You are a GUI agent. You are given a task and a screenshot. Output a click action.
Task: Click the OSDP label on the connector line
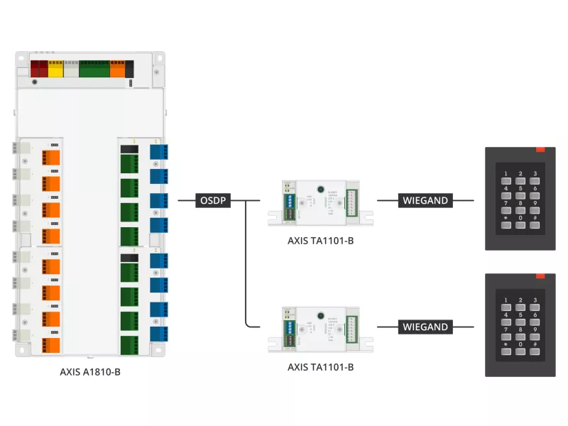213,201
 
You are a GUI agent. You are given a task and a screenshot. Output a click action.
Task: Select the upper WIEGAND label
425,200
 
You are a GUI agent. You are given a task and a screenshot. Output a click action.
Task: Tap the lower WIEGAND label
425,327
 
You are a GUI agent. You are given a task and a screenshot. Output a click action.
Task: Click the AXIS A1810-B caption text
90,371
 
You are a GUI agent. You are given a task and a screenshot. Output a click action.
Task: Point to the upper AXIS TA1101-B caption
320,240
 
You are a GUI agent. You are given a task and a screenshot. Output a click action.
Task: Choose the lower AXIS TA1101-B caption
320,367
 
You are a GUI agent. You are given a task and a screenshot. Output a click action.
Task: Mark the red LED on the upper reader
540,150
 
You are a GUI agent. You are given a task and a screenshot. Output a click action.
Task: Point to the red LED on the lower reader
540,276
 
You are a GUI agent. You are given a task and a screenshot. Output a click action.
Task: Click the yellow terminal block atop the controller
55,69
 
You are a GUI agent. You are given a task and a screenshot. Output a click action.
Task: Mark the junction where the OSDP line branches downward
245,201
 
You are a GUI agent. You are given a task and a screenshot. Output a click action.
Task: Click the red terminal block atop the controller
38,69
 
